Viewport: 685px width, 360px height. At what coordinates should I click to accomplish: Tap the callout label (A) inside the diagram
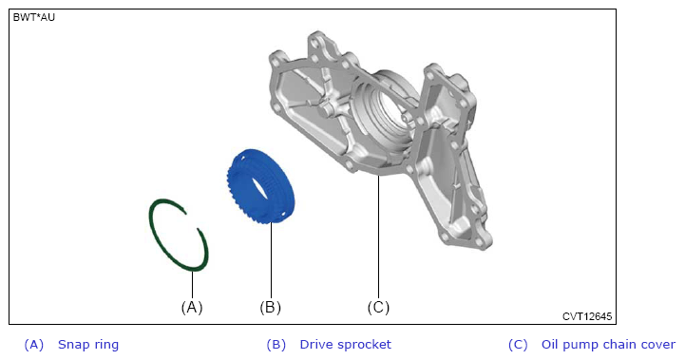(192, 307)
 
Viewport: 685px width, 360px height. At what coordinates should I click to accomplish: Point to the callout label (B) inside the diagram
(271, 307)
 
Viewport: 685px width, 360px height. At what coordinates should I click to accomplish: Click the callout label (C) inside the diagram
(378, 307)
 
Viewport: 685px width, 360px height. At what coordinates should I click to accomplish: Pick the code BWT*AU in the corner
(34, 17)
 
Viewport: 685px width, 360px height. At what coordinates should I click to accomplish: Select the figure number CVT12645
(587, 316)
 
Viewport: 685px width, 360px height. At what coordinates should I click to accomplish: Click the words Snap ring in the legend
(88, 344)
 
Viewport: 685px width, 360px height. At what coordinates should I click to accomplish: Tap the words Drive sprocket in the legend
(345, 344)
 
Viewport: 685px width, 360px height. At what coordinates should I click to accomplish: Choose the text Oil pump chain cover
(608, 344)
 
